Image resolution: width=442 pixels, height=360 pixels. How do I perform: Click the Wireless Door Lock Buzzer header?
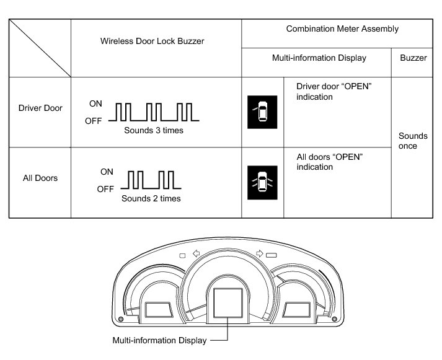click(156, 42)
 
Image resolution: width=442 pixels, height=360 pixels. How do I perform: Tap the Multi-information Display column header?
click(319, 58)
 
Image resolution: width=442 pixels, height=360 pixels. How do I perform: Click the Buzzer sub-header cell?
click(413, 58)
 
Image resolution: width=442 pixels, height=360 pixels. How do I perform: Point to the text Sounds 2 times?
click(151, 199)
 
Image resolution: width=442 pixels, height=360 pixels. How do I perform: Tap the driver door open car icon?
click(263, 112)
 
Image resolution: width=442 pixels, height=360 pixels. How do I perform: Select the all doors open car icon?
click(263, 182)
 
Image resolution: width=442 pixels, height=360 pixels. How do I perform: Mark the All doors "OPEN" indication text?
click(330, 162)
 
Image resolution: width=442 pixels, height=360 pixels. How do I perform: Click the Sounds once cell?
click(413, 141)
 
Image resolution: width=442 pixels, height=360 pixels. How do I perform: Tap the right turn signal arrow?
click(259, 253)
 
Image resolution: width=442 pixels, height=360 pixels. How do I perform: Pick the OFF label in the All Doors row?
click(105, 190)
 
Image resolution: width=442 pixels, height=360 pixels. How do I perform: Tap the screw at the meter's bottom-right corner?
click(335, 318)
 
